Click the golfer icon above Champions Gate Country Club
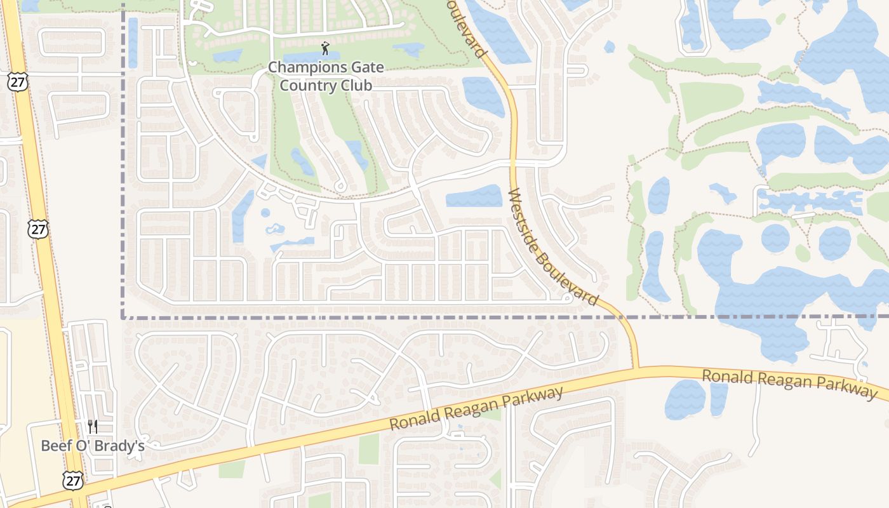(326, 48)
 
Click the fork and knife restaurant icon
(93, 425)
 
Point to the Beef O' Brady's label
(93, 446)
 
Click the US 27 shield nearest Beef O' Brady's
(73, 481)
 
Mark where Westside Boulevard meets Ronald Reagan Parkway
(635, 368)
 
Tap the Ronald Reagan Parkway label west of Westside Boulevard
(476, 410)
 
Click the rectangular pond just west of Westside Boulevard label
(474, 196)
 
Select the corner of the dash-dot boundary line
(123, 317)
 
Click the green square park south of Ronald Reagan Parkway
(368, 449)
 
